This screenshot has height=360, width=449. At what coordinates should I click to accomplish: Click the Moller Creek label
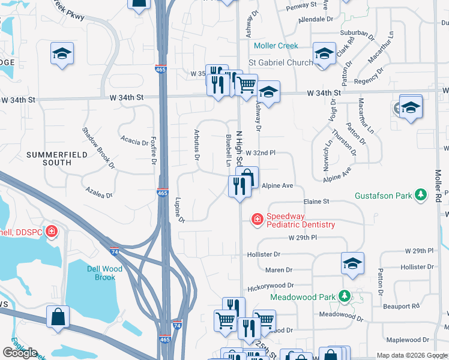point(276,46)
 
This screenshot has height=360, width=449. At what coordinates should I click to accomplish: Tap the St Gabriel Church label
point(280,62)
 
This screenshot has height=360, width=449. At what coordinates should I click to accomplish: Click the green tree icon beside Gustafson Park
point(421,194)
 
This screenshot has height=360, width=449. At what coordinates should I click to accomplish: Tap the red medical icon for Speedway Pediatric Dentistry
point(257,220)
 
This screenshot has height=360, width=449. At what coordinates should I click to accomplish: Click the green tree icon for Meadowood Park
point(344,296)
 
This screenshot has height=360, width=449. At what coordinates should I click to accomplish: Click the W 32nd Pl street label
point(260,153)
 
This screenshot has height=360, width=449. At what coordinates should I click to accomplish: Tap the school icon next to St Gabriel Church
point(324,55)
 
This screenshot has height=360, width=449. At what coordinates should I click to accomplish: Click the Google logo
point(20,353)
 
